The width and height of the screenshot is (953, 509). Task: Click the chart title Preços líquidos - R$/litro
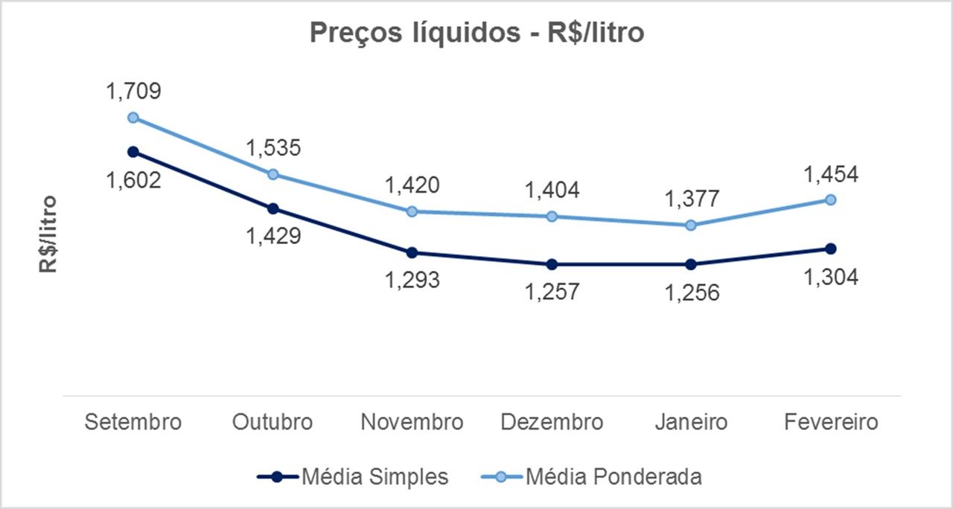pyautogui.click(x=476, y=33)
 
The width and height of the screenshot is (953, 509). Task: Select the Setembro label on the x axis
pyautogui.click(x=133, y=423)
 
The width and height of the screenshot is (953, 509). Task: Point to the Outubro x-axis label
pyautogui.click(x=272, y=423)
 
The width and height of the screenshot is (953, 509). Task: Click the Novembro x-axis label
pyautogui.click(x=412, y=423)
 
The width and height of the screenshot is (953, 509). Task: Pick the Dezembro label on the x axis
pyautogui.click(x=552, y=423)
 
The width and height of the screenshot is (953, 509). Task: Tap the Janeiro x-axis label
pyautogui.click(x=691, y=423)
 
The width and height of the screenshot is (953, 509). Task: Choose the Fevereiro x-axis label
pyautogui.click(x=831, y=423)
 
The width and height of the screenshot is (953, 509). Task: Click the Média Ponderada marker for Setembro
pyautogui.click(x=133, y=118)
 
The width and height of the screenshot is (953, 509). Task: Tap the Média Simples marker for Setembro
pyautogui.click(x=133, y=152)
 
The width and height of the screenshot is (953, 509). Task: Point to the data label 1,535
pyautogui.click(x=272, y=147)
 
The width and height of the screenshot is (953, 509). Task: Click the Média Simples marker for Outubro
pyautogui.click(x=272, y=208)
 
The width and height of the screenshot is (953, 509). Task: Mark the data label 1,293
pyautogui.click(x=412, y=280)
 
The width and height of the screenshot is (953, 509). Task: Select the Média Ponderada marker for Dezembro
pyautogui.click(x=552, y=217)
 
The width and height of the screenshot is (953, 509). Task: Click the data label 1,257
pyautogui.click(x=552, y=292)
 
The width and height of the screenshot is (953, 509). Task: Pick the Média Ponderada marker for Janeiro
pyautogui.click(x=691, y=225)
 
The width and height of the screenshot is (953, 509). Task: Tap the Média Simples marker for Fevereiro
pyautogui.click(x=831, y=249)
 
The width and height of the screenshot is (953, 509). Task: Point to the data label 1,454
pyautogui.click(x=831, y=174)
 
